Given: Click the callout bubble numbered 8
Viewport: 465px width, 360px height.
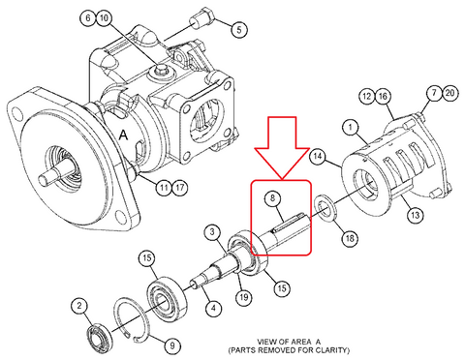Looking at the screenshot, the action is click(272, 197).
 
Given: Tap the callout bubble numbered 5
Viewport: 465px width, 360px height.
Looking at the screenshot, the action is click(239, 30).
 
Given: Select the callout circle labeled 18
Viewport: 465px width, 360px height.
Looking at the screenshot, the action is click(350, 239).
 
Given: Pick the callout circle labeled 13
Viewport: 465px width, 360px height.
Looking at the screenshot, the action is click(415, 215).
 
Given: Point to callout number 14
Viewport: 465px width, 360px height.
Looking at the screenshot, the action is click(318, 157).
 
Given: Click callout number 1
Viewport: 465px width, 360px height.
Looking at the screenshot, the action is click(351, 128).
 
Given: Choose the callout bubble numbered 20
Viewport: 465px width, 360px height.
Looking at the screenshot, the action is click(449, 93).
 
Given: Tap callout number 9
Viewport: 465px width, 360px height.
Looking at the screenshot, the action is click(172, 346).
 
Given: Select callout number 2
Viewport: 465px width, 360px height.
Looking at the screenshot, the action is click(79, 306).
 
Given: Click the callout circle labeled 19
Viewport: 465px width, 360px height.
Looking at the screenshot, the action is click(244, 296).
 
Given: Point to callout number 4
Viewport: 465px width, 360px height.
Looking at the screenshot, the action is click(213, 308).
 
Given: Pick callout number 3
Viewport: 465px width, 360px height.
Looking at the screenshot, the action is click(212, 232).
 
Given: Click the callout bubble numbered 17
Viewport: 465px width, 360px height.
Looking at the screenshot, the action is click(179, 187).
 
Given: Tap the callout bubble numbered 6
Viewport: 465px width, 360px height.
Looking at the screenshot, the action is click(88, 17).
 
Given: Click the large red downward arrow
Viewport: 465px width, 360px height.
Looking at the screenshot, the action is click(282, 147).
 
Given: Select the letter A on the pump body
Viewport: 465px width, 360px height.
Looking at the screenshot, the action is click(124, 135).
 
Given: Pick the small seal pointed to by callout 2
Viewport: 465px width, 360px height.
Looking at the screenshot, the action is click(101, 339).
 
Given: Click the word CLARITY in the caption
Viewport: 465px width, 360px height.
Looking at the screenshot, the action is click(333, 349).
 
